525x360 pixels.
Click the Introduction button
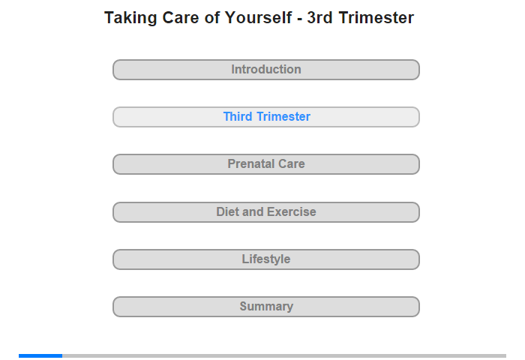(266, 70)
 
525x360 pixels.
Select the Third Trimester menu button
(266, 117)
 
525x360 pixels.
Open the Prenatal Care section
(266, 164)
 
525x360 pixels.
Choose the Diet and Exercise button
(266, 212)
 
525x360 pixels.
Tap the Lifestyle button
(266, 259)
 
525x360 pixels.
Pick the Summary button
(266, 307)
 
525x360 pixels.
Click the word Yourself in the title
(258, 18)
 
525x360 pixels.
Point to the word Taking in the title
(130, 19)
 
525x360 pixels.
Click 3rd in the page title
(319, 18)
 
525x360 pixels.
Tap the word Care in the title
(181, 18)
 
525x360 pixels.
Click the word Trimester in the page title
(376, 18)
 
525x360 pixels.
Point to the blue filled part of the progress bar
(40, 355)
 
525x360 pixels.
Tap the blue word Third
(238, 116)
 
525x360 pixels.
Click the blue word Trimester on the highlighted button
(283, 116)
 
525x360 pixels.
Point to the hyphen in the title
(300, 19)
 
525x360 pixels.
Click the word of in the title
(212, 18)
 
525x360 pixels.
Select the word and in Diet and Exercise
(253, 211)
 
